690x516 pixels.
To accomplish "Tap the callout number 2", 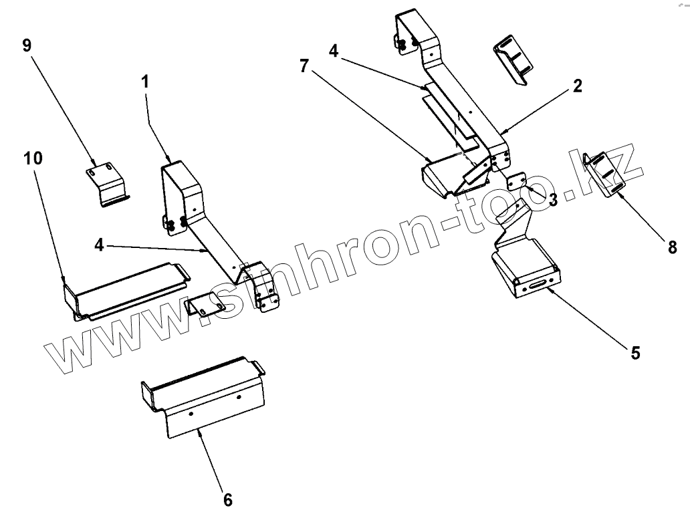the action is click(x=577, y=86).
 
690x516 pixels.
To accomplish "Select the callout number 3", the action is click(x=552, y=199).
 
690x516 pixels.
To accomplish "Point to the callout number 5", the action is click(x=635, y=352).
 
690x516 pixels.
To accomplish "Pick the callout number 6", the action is click(x=227, y=499).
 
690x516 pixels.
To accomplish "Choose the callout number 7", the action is click(x=304, y=66).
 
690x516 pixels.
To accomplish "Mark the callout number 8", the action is click(x=672, y=248).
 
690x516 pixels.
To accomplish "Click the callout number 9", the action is click(x=27, y=45).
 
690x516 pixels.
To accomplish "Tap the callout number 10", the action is click(x=33, y=158).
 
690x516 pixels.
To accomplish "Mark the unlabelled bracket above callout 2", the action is click(x=513, y=62).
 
